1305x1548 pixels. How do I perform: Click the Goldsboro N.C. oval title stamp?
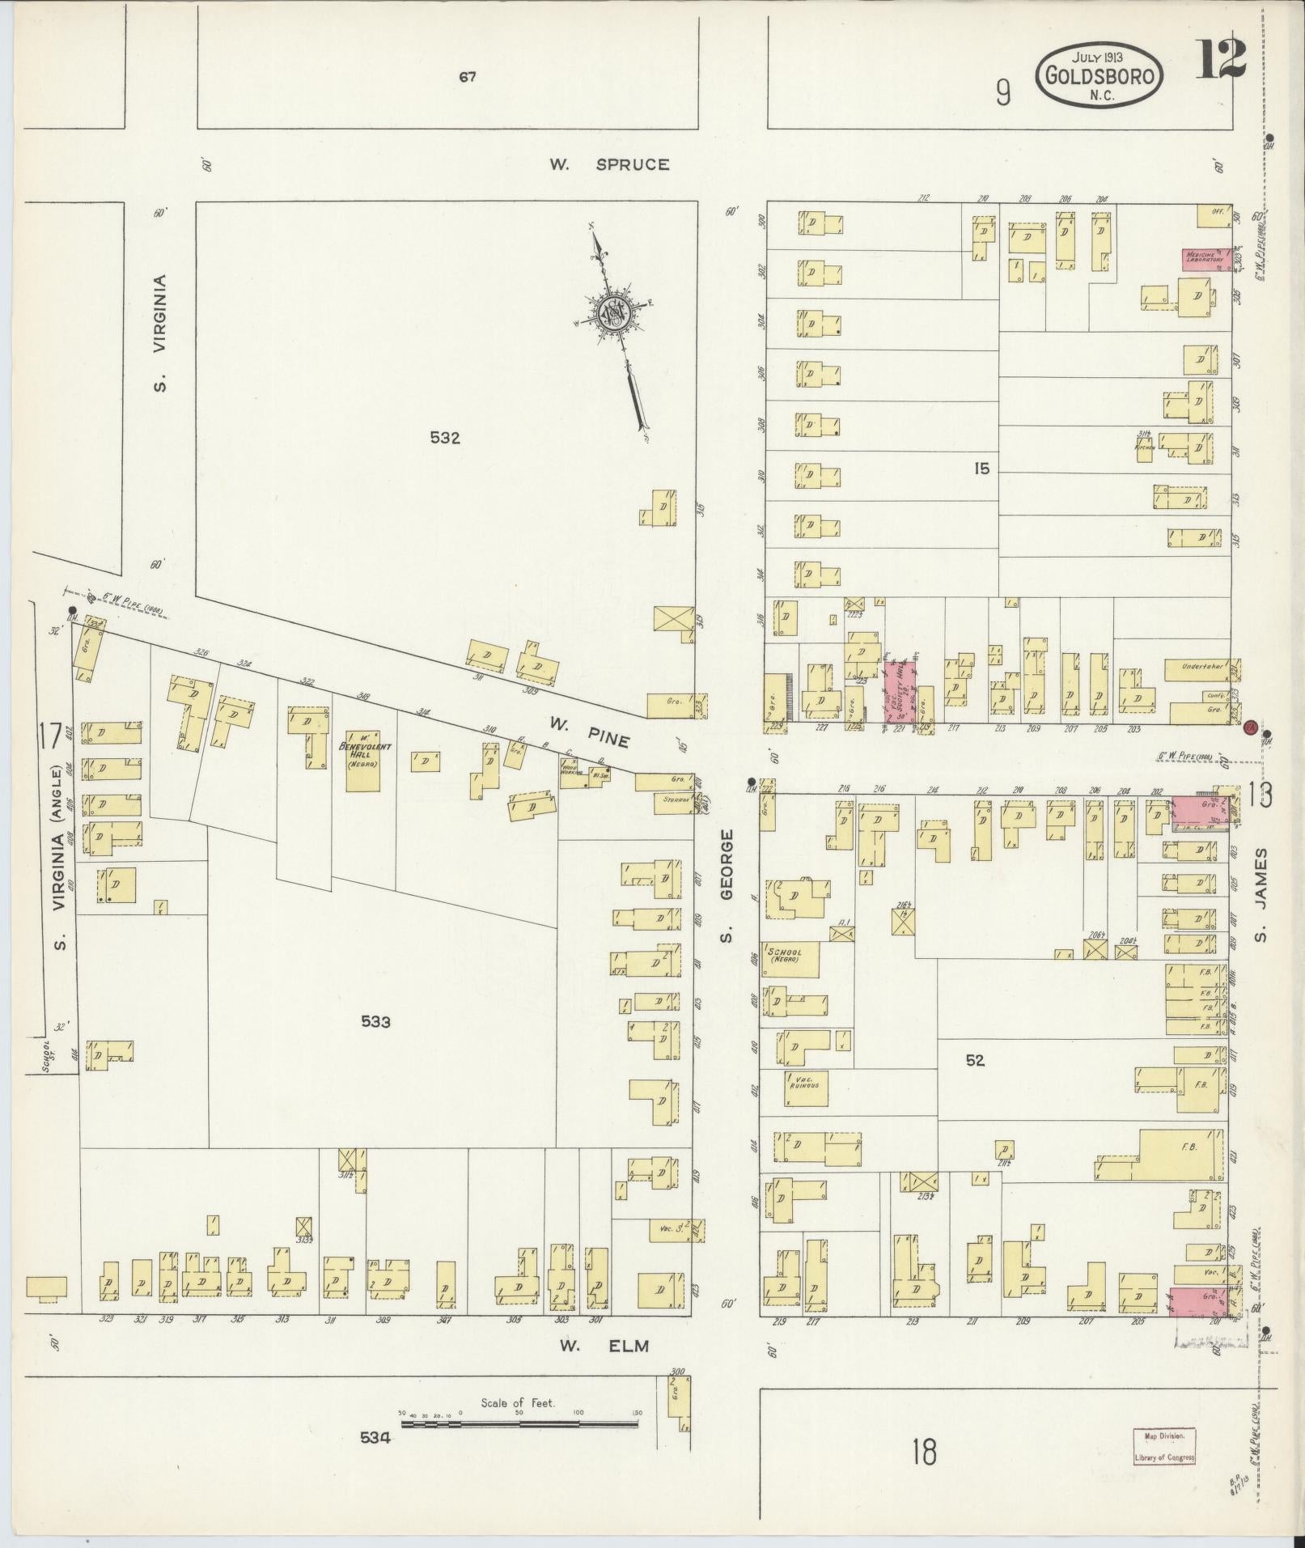click(1100, 74)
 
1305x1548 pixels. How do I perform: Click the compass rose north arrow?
click(619, 332)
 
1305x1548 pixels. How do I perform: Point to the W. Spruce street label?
click(610, 165)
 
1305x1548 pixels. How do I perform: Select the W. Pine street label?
click(588, 721)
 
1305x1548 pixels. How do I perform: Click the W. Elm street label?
click(605, 1346)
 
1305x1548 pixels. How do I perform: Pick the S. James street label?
click(1261, 895)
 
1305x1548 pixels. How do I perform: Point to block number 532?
click(445, 438)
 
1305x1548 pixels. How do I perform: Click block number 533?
click(375, 1022)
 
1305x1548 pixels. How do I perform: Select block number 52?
click(975, 1060)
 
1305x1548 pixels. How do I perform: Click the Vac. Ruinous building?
click(806, 1088)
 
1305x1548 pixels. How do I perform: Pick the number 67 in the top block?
click(467, 78)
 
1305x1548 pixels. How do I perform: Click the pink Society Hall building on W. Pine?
click(900, 689)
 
